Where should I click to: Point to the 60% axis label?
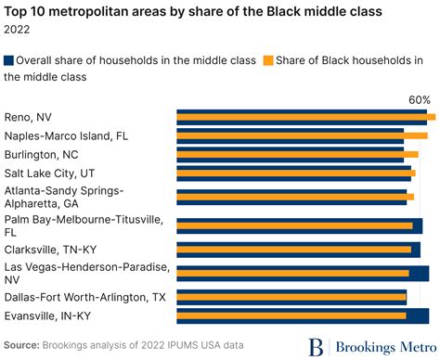tap(420, 99)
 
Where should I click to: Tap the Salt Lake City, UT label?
tap(50, 172)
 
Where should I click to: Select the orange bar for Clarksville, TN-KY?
tap(293, 250)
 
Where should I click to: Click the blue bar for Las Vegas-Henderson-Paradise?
tap(303, 268)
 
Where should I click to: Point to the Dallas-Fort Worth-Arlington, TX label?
tap(84, 297)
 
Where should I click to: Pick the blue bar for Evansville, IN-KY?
tap(303, 310)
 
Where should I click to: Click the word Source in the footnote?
tap(21, 345)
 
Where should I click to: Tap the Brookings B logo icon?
tap(317, 346)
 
